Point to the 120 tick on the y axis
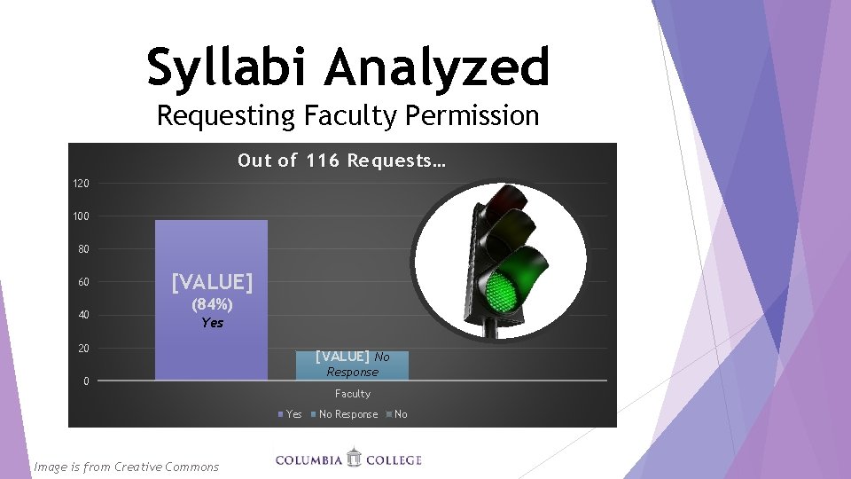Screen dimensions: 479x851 tap(81, 184)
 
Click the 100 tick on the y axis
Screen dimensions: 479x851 tap(81, 216)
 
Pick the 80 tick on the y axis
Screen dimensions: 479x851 tap(82, 249)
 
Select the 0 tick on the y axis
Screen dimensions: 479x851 tap(85, 381)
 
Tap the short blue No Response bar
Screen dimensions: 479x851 tap(352, 366)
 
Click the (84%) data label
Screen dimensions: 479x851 tap(212, 304)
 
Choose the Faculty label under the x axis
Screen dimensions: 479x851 tap(352, 394)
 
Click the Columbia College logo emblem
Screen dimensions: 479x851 tap(354, 459)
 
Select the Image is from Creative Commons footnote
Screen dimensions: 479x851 tap(125, 467)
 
